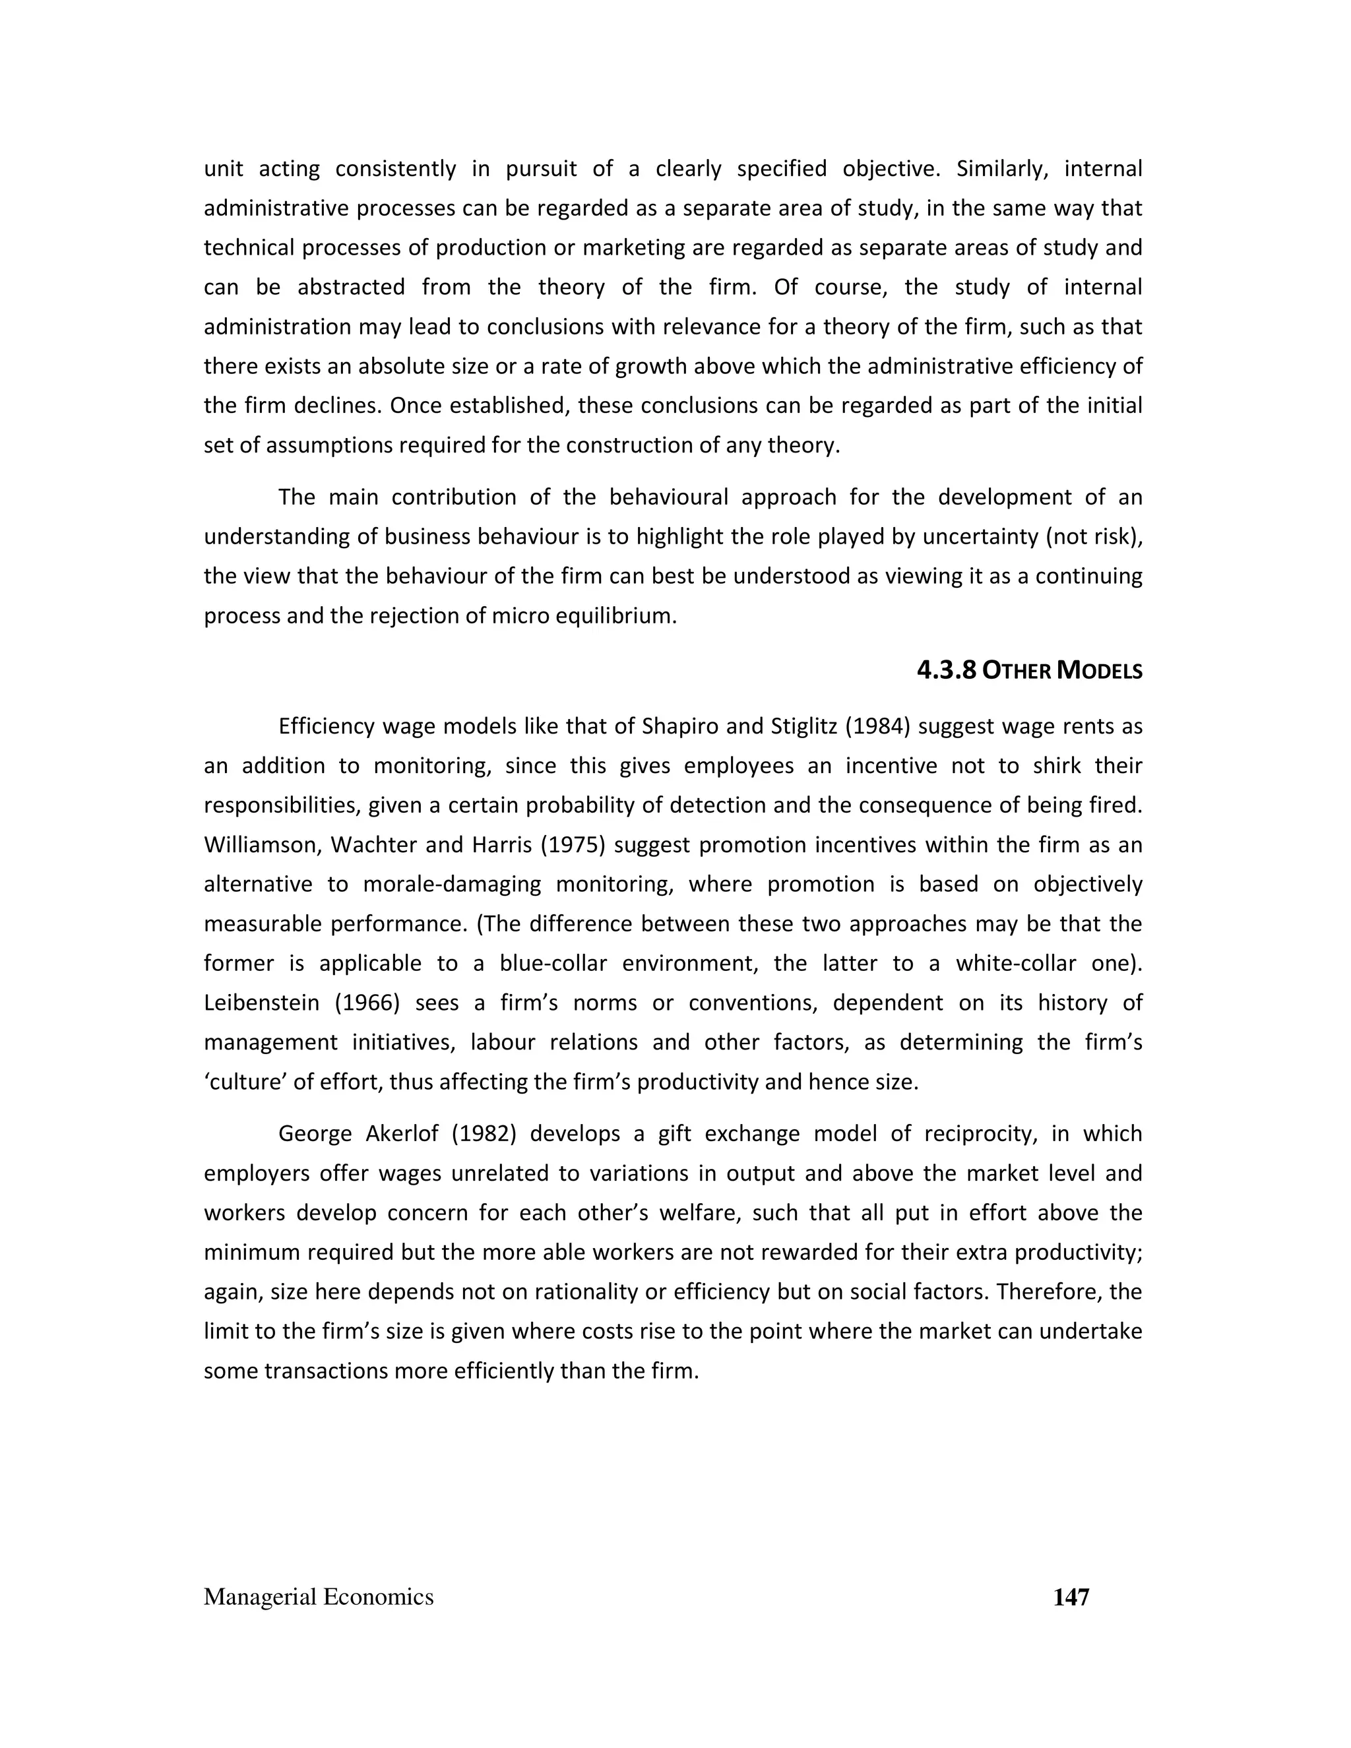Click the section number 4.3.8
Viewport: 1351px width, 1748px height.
pos(946,670)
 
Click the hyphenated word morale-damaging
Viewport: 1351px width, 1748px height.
pos(452,884)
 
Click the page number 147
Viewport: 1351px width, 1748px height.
pos(1071,1597)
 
